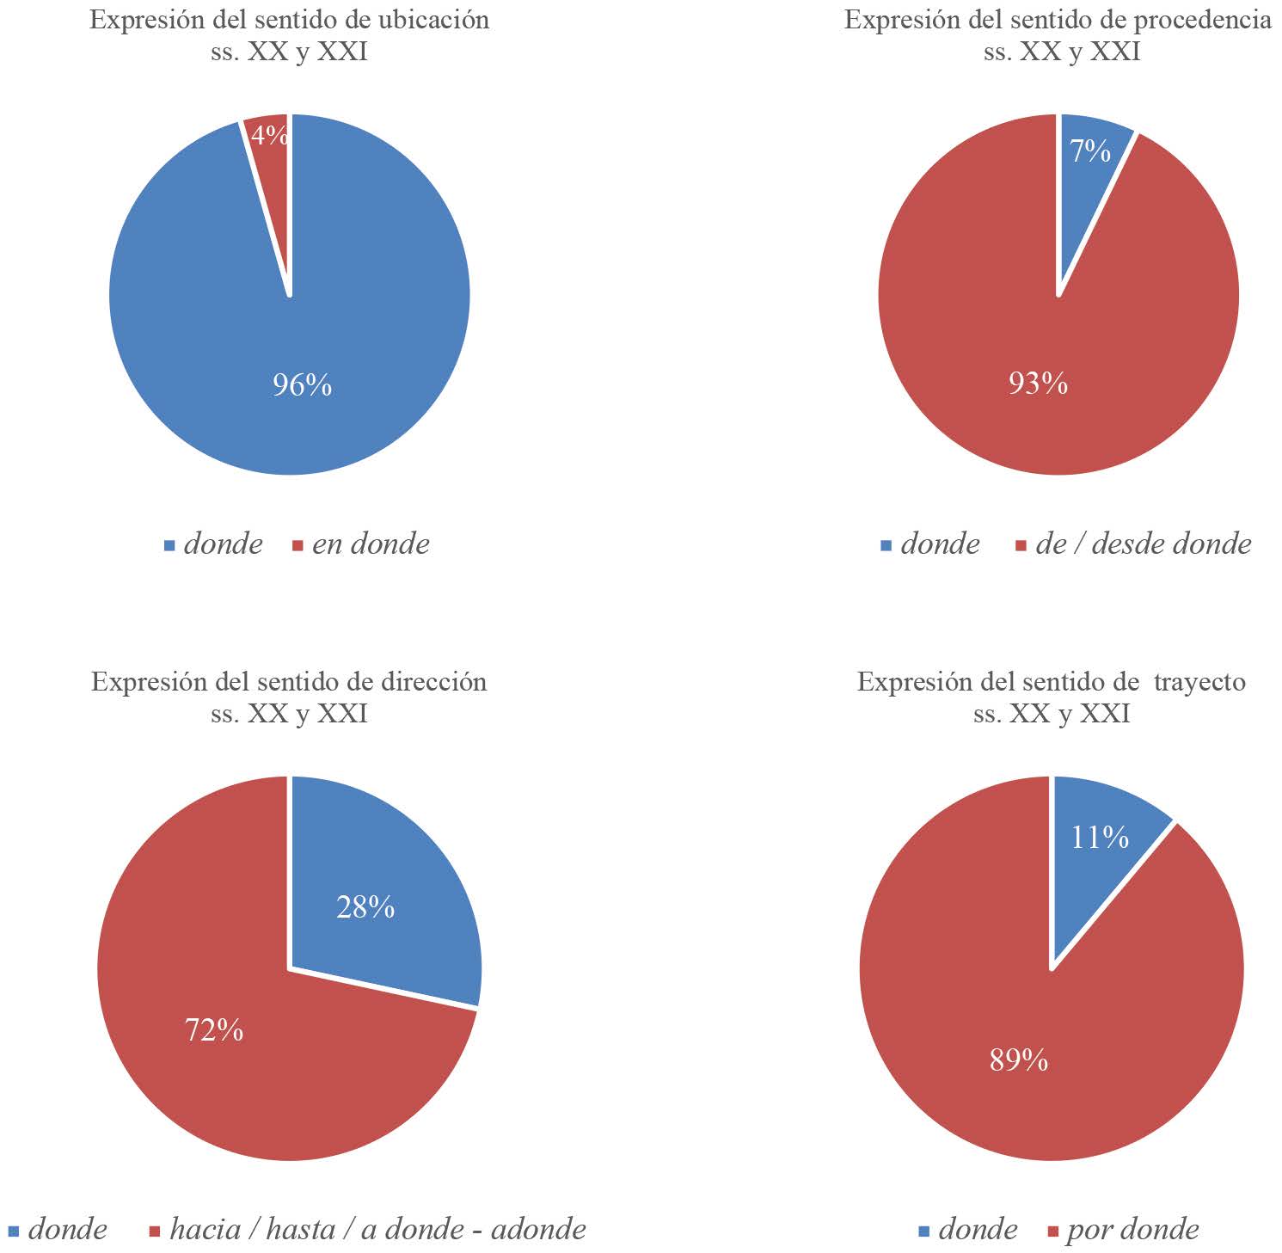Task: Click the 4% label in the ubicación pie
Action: (270, 136)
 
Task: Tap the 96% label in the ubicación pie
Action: (302, 385)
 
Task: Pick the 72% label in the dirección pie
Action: (214, 1029)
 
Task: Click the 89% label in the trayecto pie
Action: (1019, 1060)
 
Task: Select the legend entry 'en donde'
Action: (371, 544)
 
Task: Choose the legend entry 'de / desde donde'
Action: (1144, 544)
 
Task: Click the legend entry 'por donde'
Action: (1132, 1230)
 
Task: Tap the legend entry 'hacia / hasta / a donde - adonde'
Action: (377, 1230)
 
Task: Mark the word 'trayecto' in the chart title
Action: (1199, 682)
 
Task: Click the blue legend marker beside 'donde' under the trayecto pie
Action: (924, 1232)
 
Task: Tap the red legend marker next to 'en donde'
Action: (298, 546)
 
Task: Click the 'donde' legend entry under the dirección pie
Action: (67, 1230)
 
